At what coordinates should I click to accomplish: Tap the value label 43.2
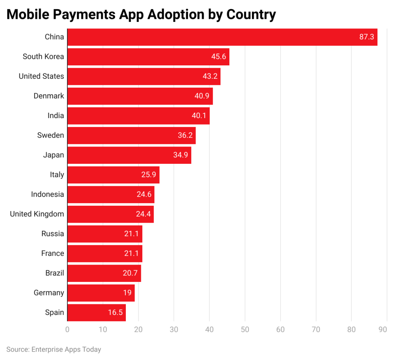210,77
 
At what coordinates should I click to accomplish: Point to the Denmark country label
48,96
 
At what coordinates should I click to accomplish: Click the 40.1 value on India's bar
199,116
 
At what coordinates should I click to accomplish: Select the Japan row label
53,155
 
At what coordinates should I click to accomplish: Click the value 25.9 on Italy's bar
149,175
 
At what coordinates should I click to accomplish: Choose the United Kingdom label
37,214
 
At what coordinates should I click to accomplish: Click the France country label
53,253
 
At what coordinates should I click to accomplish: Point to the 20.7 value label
130,273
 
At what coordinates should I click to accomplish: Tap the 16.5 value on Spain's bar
115,313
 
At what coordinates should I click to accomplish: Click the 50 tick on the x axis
245,330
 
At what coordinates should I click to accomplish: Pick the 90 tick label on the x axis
382,330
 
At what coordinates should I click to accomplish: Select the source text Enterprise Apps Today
66,350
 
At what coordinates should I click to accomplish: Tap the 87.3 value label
366,37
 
